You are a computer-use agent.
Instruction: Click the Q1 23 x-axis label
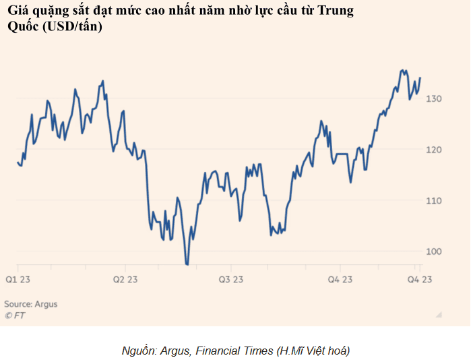click(18, 279)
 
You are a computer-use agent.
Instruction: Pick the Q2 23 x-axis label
click(125, 279)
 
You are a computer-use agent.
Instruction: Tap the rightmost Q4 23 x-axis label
click(419, 279)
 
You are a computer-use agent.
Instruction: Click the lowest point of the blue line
click(187, 264)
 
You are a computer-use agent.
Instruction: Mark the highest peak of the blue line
click(402, 70)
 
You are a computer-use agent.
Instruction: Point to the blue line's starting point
click(18, 162)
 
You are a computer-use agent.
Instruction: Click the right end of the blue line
click(420, 78)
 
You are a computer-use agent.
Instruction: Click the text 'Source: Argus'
click(31, 304)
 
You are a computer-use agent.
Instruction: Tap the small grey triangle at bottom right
click(439, 313)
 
